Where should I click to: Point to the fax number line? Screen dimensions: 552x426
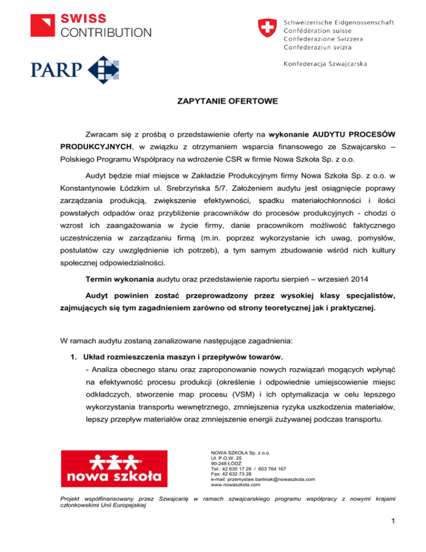point(227,474)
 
